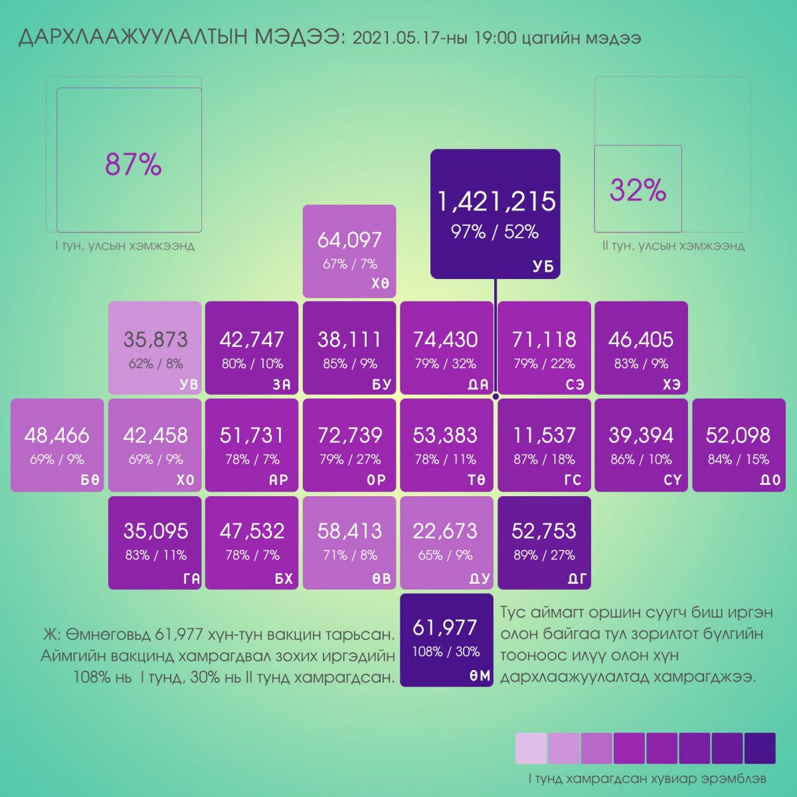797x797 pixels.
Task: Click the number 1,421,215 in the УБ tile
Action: pos(495,201)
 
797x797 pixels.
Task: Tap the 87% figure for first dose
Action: pos(133,164)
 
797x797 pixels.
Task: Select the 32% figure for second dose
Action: pos(638,191)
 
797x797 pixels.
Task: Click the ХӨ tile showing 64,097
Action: pos(349,251)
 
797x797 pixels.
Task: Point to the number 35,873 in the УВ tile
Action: pos(155,339)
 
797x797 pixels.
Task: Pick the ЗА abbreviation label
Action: pos(282,385)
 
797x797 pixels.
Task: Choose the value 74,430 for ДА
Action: pos(445,339)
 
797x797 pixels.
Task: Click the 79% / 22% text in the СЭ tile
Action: pos(544,363)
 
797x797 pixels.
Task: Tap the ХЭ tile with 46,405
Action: pos(641,347)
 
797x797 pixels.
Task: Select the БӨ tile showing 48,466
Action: pos(57,445)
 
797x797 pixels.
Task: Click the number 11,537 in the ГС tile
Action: pos(544,435)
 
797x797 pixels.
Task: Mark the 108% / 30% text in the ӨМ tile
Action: pos(446,652)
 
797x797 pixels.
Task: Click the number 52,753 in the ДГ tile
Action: pos(544,531)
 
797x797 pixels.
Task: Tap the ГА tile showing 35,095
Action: pos(155,542)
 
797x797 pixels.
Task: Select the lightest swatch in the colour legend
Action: pos(531,749)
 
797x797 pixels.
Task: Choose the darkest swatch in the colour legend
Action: pos(760,749)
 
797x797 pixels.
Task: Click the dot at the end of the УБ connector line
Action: pos(495,397)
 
